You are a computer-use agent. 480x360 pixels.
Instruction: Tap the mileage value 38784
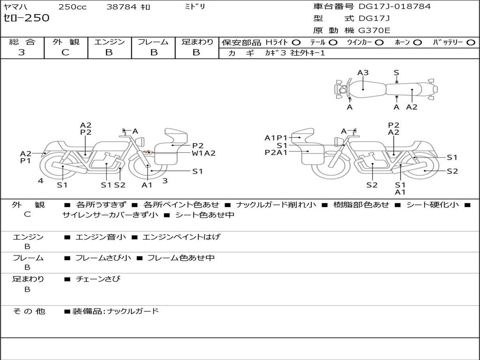point(121,7)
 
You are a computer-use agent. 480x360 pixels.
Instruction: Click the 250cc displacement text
point(71,7)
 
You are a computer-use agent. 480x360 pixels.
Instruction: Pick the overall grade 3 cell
point(22,52)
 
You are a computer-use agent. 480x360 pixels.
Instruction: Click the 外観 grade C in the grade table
point(66,52)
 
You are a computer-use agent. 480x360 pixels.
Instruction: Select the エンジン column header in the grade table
point(109,42)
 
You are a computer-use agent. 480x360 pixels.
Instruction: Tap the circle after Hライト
point(296,42)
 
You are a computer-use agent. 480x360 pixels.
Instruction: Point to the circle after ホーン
point(418,42)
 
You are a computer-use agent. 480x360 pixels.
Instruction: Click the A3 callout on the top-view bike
point(363,73)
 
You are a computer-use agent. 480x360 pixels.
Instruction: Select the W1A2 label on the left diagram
point(203,153)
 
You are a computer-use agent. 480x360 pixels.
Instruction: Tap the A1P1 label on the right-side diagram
point(276,138)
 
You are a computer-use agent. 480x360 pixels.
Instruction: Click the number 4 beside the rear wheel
point(41,180)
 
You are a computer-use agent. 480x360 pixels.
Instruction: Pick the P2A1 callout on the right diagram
point(276,152)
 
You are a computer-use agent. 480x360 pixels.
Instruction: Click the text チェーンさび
point(98,279)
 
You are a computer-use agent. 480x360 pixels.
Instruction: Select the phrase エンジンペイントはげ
point(181,237)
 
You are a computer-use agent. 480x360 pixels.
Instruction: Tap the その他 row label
point(29,311)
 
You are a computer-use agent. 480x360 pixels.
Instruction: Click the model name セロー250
point(26,18)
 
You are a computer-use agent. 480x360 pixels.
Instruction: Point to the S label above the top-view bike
point(396,73)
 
